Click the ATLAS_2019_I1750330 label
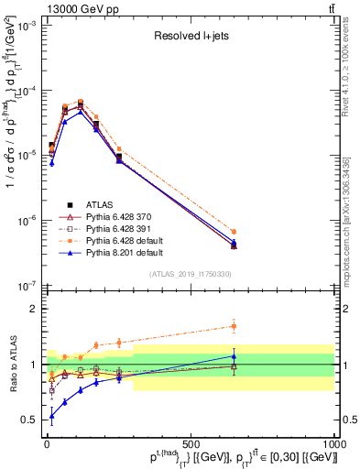click(x=190, y=275)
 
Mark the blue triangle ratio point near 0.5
click(x=51, y=416)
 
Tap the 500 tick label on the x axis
click(x=191, y=443)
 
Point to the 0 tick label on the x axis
click(x=47, y=443)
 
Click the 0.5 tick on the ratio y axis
click(x=32, y=420)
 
